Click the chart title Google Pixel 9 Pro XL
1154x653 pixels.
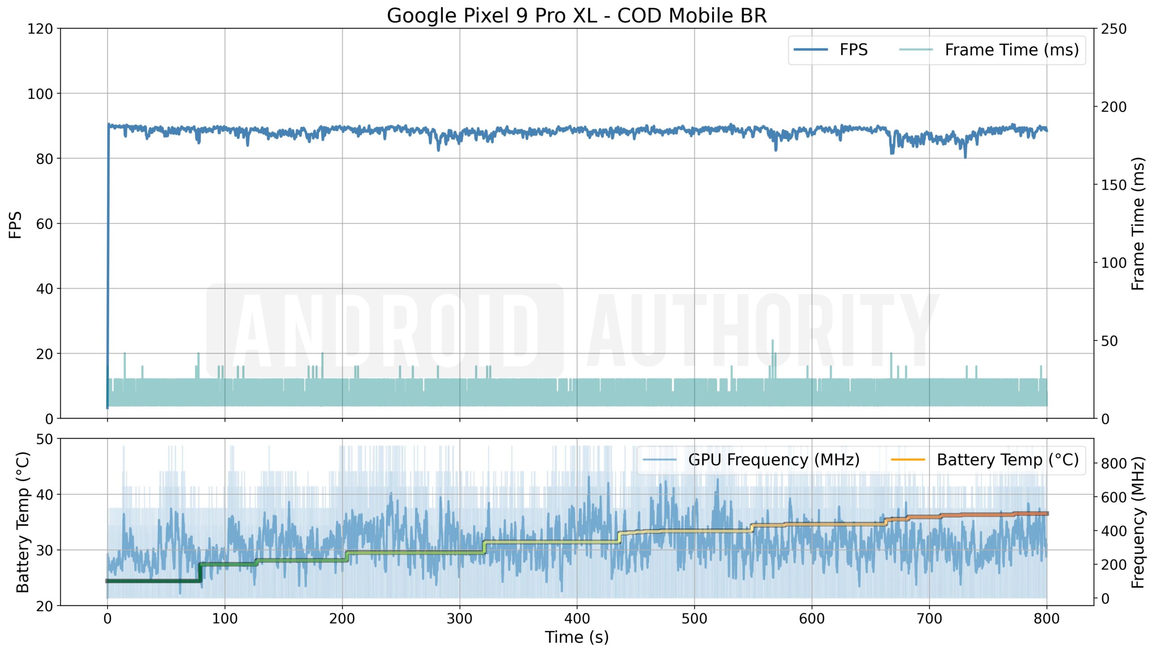tap(577, 15)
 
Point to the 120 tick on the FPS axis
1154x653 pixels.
tap(40, 29)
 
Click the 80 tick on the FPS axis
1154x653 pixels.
tap(45, 159)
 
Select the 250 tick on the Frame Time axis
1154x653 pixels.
tap(1113, 29)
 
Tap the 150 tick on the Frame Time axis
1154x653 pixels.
tap(1113, 185)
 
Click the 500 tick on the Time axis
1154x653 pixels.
tap(694, 618)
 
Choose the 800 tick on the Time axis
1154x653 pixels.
tap(1046, 618)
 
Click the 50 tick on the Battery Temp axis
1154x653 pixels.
tap(45, 439)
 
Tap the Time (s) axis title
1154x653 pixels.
tap(577, 637)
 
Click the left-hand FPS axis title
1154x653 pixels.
tap(15, 224)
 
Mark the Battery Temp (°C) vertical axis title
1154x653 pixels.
tap(23, 522)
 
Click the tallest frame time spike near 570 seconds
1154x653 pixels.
tap(772, 341)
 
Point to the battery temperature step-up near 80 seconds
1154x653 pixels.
tap(200, 572)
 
